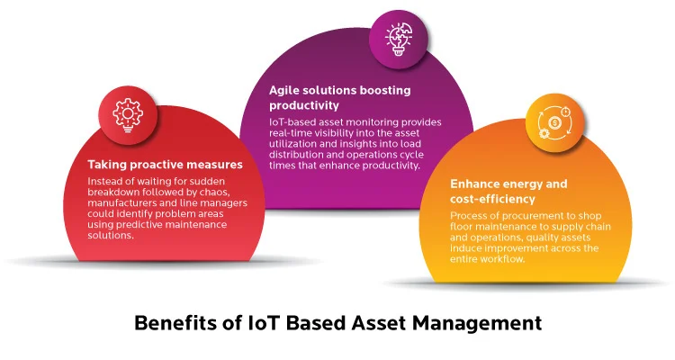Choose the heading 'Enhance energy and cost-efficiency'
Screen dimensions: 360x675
[x=508, y=191]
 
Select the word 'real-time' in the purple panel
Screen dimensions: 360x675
[x=294, y=132]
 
